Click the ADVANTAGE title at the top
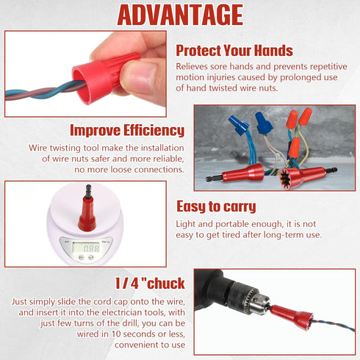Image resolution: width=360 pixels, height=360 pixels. [x=180, y=15]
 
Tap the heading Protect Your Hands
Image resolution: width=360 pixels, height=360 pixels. [x=234, y=51]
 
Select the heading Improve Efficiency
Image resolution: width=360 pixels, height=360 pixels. [x=127, y=130]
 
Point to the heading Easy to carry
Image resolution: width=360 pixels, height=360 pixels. [x=216, y=206]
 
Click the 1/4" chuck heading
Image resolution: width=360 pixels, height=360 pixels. [x=150, y=284]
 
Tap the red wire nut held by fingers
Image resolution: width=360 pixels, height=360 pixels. [x=103, y=77]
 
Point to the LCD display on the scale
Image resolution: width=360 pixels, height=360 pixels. [x=87, y=248]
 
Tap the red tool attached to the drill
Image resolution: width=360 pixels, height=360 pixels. [x=292, y=317]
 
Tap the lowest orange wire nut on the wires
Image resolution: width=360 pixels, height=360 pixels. [x=294, y=148]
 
